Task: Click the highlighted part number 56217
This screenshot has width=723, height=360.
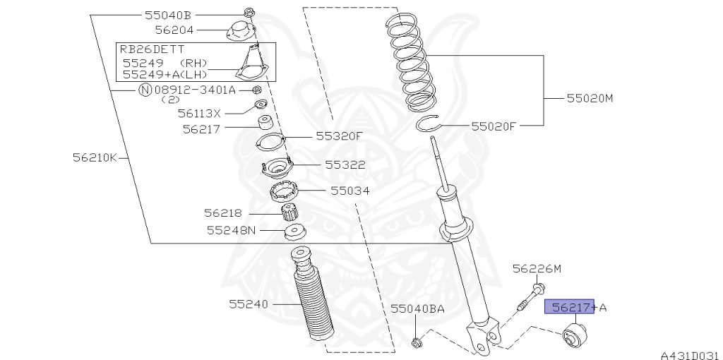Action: pos(570,307)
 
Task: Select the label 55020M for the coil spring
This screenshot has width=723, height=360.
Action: pos(590,98)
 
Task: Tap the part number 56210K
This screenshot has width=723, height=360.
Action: pos(95,157)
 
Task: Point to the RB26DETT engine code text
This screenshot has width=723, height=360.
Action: pos(152,49)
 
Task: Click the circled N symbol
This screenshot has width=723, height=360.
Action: pos(145,90)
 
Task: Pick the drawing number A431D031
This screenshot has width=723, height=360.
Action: pos(691,355)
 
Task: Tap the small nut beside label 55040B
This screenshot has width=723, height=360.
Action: pos(248,13)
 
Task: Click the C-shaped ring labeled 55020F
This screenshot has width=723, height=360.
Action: pos(429,124)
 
